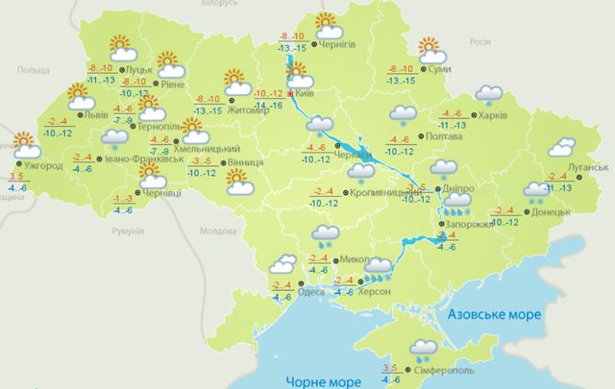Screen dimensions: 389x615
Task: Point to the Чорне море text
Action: [x=316, y=380]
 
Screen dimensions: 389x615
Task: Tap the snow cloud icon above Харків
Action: [x=491, y=93]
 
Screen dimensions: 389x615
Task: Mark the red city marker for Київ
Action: [x=291, y=94]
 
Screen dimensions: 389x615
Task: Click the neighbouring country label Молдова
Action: [x=216, y=232]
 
